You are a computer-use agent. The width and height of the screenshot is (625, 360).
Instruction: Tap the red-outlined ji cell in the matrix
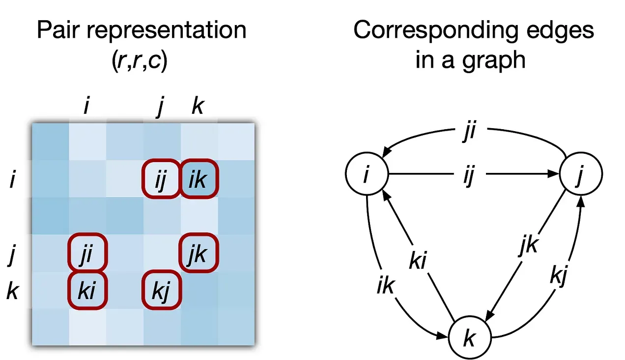point(86,253)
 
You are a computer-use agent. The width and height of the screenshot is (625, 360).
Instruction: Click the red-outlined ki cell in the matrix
point(86,290)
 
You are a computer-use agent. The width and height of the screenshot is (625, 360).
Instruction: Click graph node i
point(367,174)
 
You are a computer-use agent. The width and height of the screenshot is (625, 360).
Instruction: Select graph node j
point(580,174)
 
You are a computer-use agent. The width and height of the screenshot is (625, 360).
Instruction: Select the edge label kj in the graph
point(559,278)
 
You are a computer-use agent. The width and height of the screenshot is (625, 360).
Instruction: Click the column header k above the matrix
point(197,107)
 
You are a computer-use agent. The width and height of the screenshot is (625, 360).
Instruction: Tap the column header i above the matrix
point(86,106)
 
